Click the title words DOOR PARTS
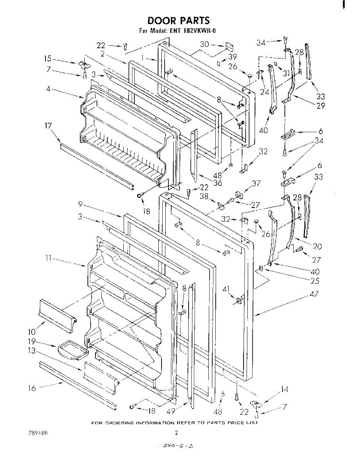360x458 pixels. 178,20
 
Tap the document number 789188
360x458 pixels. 38,433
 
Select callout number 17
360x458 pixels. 49,126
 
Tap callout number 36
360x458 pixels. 218,183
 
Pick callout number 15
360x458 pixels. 47,59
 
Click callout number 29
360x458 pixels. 320,106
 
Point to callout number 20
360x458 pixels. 316,247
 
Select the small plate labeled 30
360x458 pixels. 229,47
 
